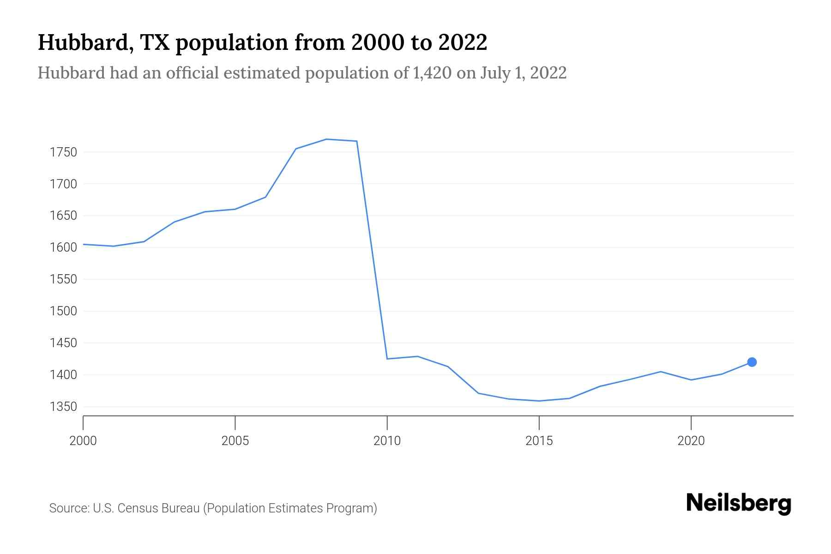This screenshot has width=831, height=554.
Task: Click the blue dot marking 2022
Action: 752,362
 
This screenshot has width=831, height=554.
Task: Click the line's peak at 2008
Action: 326,139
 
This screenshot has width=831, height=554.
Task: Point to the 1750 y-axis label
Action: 63,152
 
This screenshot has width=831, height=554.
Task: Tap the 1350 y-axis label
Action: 63,407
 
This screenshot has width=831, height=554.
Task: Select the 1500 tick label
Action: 63,311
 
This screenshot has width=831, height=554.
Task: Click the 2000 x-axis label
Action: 83,441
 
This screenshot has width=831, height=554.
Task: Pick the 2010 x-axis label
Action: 387,441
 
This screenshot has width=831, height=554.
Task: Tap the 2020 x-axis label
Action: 691,441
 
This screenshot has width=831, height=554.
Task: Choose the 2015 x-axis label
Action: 539,441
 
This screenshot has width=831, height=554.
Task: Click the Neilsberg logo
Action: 738,503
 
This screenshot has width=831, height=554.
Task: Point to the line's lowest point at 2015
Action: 539,401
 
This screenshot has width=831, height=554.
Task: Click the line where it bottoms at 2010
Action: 387,359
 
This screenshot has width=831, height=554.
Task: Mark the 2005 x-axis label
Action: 235,441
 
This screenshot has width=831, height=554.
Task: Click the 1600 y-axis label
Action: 63,247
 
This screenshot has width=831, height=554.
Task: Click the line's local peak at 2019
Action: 661,372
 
